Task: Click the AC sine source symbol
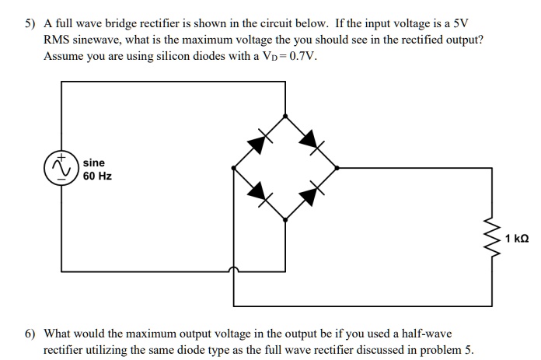click(61, 167)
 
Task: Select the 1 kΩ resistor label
click(518, 238)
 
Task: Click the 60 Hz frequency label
click(98, 177)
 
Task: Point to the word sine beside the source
click(94, 163)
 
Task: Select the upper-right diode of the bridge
click(311, 141)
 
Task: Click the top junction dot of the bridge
click(285, 115)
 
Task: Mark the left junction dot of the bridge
click(233, 167)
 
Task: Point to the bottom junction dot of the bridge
click(285, 220)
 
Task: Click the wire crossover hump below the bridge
click(233, 270)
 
